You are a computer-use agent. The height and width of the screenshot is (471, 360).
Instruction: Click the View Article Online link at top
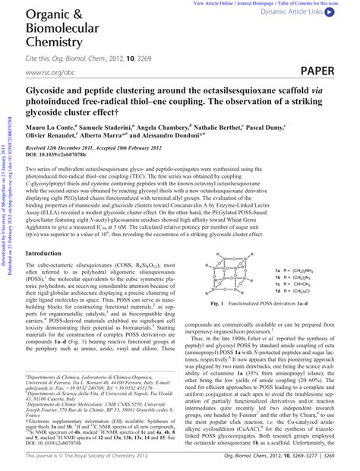pyautogui.click(x=223, y=4)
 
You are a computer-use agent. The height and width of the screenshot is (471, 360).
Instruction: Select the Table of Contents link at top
pyautogui.click(x=306, y=4)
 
